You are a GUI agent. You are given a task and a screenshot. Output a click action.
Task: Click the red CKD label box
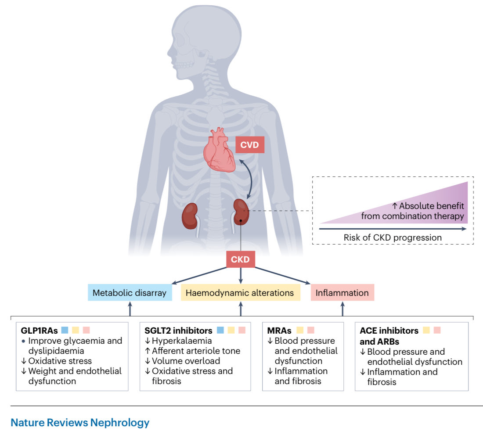point(240,259)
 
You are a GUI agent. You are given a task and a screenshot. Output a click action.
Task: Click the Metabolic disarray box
point(130,293)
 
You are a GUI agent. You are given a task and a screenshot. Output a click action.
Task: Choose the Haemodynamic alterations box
point(241,293)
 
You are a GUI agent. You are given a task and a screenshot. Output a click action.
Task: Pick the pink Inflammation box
point(342,293)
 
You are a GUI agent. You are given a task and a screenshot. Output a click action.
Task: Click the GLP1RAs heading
point(39,330)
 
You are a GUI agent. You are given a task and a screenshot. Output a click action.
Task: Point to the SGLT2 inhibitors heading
point(178,330)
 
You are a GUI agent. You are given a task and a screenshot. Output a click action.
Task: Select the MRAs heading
point(279,330)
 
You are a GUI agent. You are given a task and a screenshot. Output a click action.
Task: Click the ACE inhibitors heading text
point(389,331)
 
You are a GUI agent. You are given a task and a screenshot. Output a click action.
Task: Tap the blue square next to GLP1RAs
point(65,330)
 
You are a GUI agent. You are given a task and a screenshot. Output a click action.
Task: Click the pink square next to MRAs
point(311,330)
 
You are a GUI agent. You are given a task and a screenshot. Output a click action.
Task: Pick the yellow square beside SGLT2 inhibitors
point(231,330)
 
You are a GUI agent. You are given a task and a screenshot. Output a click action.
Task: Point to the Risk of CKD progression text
point(393,238)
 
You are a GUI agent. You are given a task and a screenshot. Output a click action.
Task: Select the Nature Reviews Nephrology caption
point(80,423)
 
